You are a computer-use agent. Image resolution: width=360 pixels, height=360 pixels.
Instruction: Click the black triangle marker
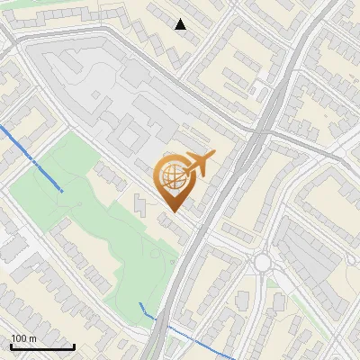point(180,24)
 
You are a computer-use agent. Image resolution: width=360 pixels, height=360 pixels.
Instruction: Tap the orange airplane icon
point(199,164)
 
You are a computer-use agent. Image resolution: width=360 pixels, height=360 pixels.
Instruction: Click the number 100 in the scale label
point(19,338)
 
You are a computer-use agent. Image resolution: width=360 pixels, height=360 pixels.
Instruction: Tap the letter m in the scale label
point(32,338)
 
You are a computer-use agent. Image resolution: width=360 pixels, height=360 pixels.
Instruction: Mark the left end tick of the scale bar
point(11,346)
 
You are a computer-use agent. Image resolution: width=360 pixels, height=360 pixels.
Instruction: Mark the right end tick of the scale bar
point(74,346)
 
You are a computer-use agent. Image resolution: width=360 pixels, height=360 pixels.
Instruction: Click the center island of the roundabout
point(262,262)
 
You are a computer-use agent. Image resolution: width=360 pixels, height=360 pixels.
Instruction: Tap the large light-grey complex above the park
point(99,90)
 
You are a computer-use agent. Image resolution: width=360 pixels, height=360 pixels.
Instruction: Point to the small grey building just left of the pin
point(140,203)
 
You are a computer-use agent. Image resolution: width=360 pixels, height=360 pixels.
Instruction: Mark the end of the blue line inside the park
point(61,191)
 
